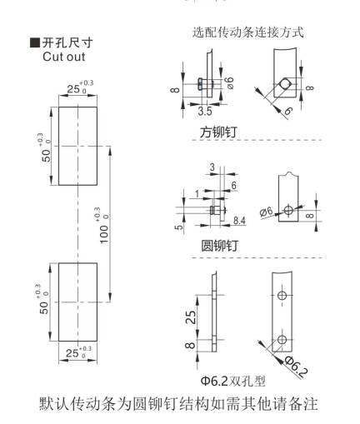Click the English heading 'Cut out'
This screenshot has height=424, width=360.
[63, 57]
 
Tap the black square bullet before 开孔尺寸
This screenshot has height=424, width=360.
[34, 42]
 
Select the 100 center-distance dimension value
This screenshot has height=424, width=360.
[104, 234]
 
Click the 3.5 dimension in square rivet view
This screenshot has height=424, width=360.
[205, 111]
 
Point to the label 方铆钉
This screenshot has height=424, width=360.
[218, 132]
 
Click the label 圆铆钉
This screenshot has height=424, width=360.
[219, 246]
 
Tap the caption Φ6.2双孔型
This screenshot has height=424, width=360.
[232, 381]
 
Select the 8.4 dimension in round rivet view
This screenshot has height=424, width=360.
[239, 221]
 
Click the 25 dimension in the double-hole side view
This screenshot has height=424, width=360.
[191, 317]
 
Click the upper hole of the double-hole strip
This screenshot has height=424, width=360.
[282, 295]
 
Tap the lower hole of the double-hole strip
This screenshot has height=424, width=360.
[282, 339]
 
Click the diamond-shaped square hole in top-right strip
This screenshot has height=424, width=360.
[285, 83]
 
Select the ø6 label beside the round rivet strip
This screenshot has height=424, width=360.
[266, 212]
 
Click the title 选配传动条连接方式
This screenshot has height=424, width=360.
[247, 32]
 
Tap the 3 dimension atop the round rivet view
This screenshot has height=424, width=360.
[212, 167]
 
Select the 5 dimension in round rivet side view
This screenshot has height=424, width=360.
[179, 227]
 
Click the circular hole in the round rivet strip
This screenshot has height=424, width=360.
[288, 210]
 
